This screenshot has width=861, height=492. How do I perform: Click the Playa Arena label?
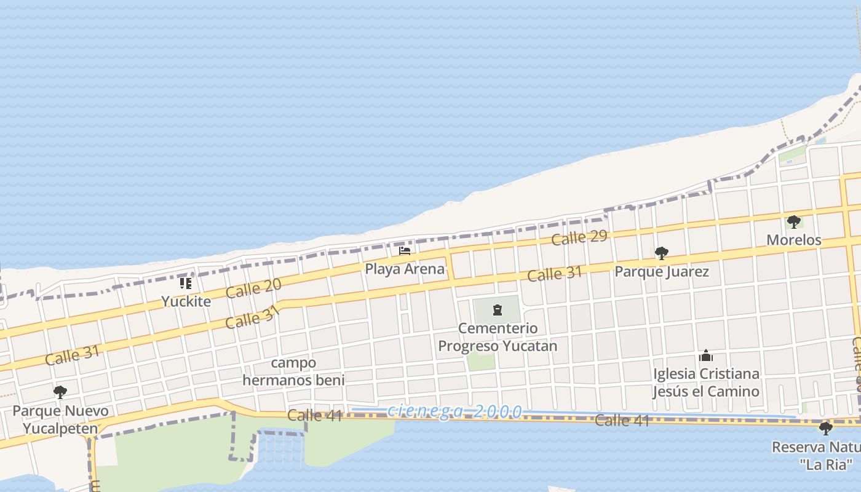[x=405, y=269]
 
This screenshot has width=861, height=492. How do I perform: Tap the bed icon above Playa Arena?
[x=405, y=251]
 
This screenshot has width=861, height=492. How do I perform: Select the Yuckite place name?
[x=186, y=301]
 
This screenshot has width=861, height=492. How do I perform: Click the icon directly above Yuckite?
[x=186, y=284]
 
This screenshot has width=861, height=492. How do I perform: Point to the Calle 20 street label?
[x=253, y=288]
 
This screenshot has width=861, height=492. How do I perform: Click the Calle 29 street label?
[x=579, y=237]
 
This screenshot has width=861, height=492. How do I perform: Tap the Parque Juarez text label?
[x=662, y=271]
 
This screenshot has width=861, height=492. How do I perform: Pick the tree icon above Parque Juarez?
[x=661, y=253]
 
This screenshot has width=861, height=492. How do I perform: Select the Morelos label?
[x=793, y=240]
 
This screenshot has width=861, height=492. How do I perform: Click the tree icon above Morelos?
[x=793, y=221]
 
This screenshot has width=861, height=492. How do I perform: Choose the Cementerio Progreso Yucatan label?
[x=498, y=337]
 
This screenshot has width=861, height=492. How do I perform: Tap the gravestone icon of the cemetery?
[x=498, y=310]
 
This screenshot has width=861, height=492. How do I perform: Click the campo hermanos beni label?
[x=293, y=371]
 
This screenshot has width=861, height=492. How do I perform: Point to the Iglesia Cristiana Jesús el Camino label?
[x=706, y=383]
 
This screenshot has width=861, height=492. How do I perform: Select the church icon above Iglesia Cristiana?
[x=706, y=355]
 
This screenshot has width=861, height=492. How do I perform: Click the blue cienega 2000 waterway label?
[x=455, y=411]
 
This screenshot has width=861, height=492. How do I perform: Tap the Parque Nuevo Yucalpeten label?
[x=60, y=419]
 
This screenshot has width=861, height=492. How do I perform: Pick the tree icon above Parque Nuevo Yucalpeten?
[x=60, y=392]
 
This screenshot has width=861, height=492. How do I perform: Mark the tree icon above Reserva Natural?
[x=825, y=428]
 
